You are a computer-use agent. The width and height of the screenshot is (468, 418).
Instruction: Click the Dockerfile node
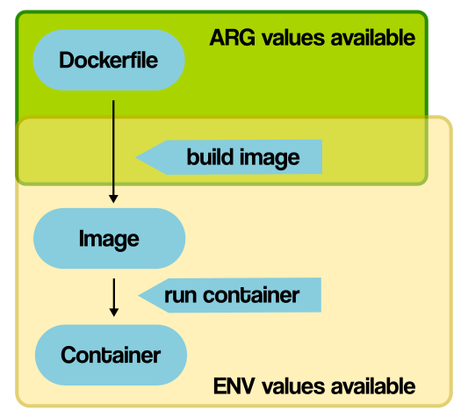coord(109,61)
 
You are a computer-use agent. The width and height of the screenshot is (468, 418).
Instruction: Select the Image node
coord(109,238)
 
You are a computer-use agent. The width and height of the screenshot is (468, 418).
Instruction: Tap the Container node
coord(111,355)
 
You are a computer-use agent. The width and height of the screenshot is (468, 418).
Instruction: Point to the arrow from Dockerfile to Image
coord(113,149)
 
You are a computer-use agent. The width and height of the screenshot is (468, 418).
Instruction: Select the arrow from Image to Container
coord(113,296)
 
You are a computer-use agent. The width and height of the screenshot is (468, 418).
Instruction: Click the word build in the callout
coord(208,157)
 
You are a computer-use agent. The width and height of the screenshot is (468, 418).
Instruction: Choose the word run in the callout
coord(180,295)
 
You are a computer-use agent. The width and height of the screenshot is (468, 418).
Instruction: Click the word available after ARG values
coord(370,38)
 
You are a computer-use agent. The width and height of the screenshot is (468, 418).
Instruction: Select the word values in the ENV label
coord(289,386)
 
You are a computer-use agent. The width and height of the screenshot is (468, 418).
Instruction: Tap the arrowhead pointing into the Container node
coord(113,311)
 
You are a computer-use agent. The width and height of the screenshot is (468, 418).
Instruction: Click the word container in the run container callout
coord(251,295)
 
